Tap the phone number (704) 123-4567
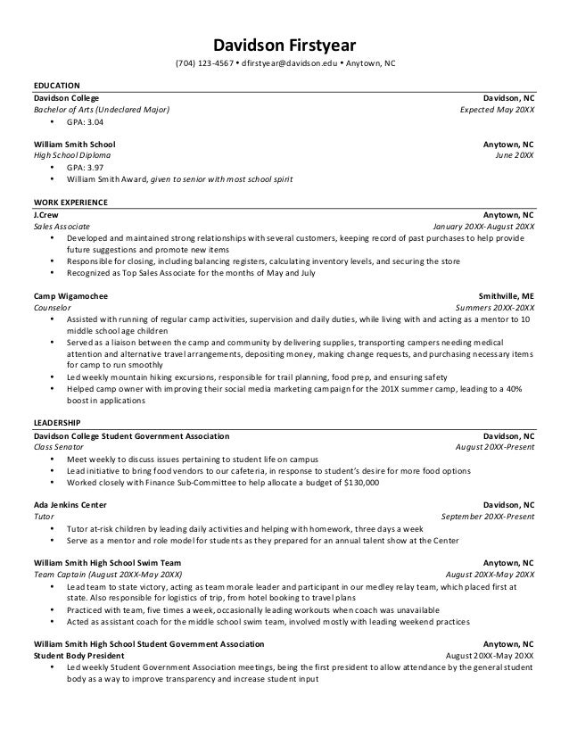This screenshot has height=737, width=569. coord(205,64)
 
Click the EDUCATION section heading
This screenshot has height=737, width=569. coord(56,85)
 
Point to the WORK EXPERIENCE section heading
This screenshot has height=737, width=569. coord(70,203)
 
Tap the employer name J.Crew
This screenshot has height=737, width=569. coord(46,215)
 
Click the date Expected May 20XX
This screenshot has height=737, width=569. coord(497,110)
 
